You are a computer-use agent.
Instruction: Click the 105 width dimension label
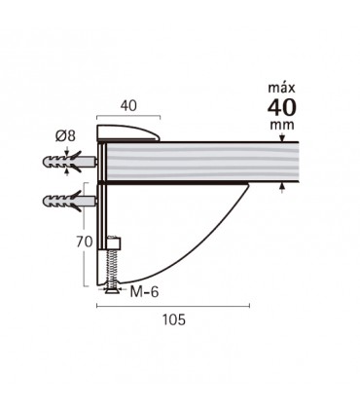coord(173,319)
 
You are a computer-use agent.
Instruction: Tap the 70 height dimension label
coord(85,243)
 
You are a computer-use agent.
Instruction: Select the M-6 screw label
coord(144,292)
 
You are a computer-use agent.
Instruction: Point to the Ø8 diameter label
coord(65,135)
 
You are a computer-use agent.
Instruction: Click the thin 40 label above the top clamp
coord(128,106)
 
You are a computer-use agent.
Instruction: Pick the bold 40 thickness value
coord(282,107)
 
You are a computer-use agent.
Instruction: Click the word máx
coord(281,88)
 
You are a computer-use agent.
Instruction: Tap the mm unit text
coord(282,125)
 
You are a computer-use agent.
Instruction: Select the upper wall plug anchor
coord(70,162)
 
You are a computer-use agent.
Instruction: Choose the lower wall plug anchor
coord(70,201)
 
